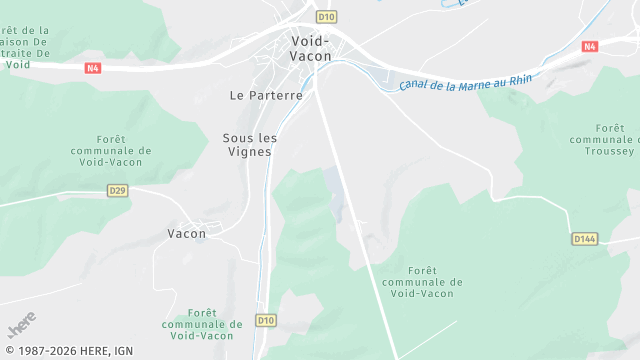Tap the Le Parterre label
point(265,96)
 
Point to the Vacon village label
point(186,234)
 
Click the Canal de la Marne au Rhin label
point(465,79)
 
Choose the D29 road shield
point(117,189)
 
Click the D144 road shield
point(585,239)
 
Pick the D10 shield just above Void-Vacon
point(325,16)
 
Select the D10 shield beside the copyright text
point(265,320)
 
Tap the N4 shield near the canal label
point(590,46)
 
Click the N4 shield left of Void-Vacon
point(92,68)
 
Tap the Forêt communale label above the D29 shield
point(124,150)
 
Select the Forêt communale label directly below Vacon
point(202,324)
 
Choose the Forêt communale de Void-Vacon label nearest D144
point(422,282)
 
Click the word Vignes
point(250,151)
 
